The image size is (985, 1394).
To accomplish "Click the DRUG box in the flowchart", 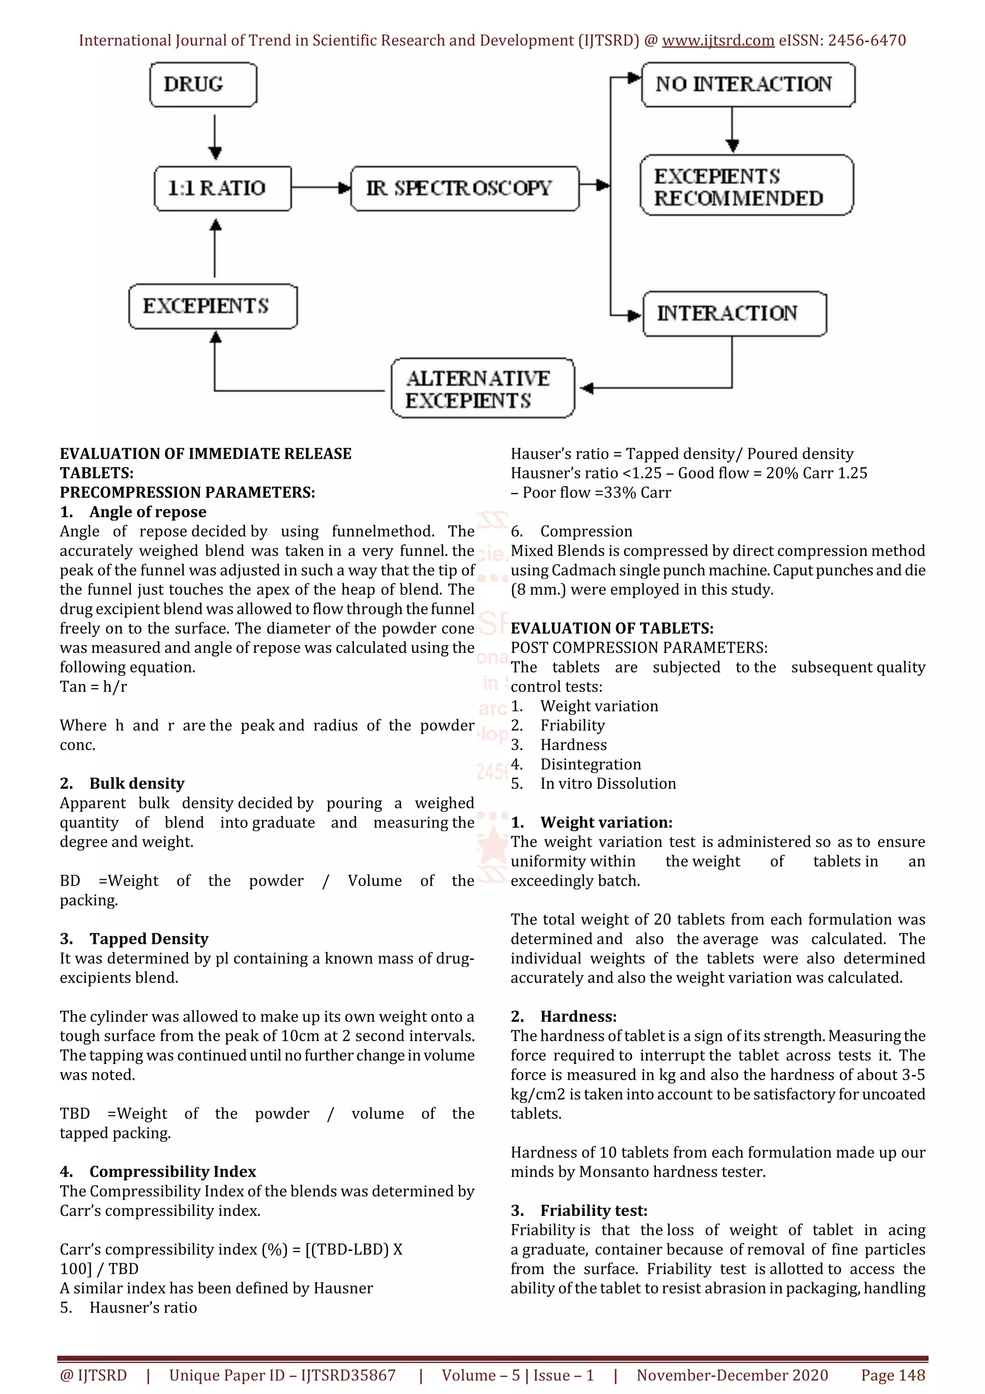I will pos(203,84).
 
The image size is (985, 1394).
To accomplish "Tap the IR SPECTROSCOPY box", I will pos(464,188).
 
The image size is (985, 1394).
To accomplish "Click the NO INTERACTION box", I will pos(748,84).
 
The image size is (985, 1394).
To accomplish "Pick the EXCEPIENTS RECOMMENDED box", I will pos(746,186).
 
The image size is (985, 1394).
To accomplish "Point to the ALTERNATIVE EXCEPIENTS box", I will pos(482,389).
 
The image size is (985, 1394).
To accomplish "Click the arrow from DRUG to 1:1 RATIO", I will pos(215,137).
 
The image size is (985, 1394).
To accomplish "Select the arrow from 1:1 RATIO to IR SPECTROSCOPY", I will pos(320,188).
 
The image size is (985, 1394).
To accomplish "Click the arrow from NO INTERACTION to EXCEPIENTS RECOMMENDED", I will pos(732,130).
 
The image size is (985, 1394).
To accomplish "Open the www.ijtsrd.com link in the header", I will pos(718,41).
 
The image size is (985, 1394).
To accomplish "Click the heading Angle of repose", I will pos(148,512).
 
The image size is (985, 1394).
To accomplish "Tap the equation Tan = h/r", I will pos(93,687).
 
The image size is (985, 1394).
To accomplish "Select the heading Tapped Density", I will pos(149,938).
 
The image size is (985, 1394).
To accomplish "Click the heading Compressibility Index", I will pos(172,1171).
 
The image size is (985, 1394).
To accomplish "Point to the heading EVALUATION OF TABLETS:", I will pos(612,628).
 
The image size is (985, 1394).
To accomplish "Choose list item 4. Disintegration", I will pos(590,764).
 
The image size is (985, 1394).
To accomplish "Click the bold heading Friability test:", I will pos(594,1210).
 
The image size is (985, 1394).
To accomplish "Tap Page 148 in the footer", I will pos(893,1375).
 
